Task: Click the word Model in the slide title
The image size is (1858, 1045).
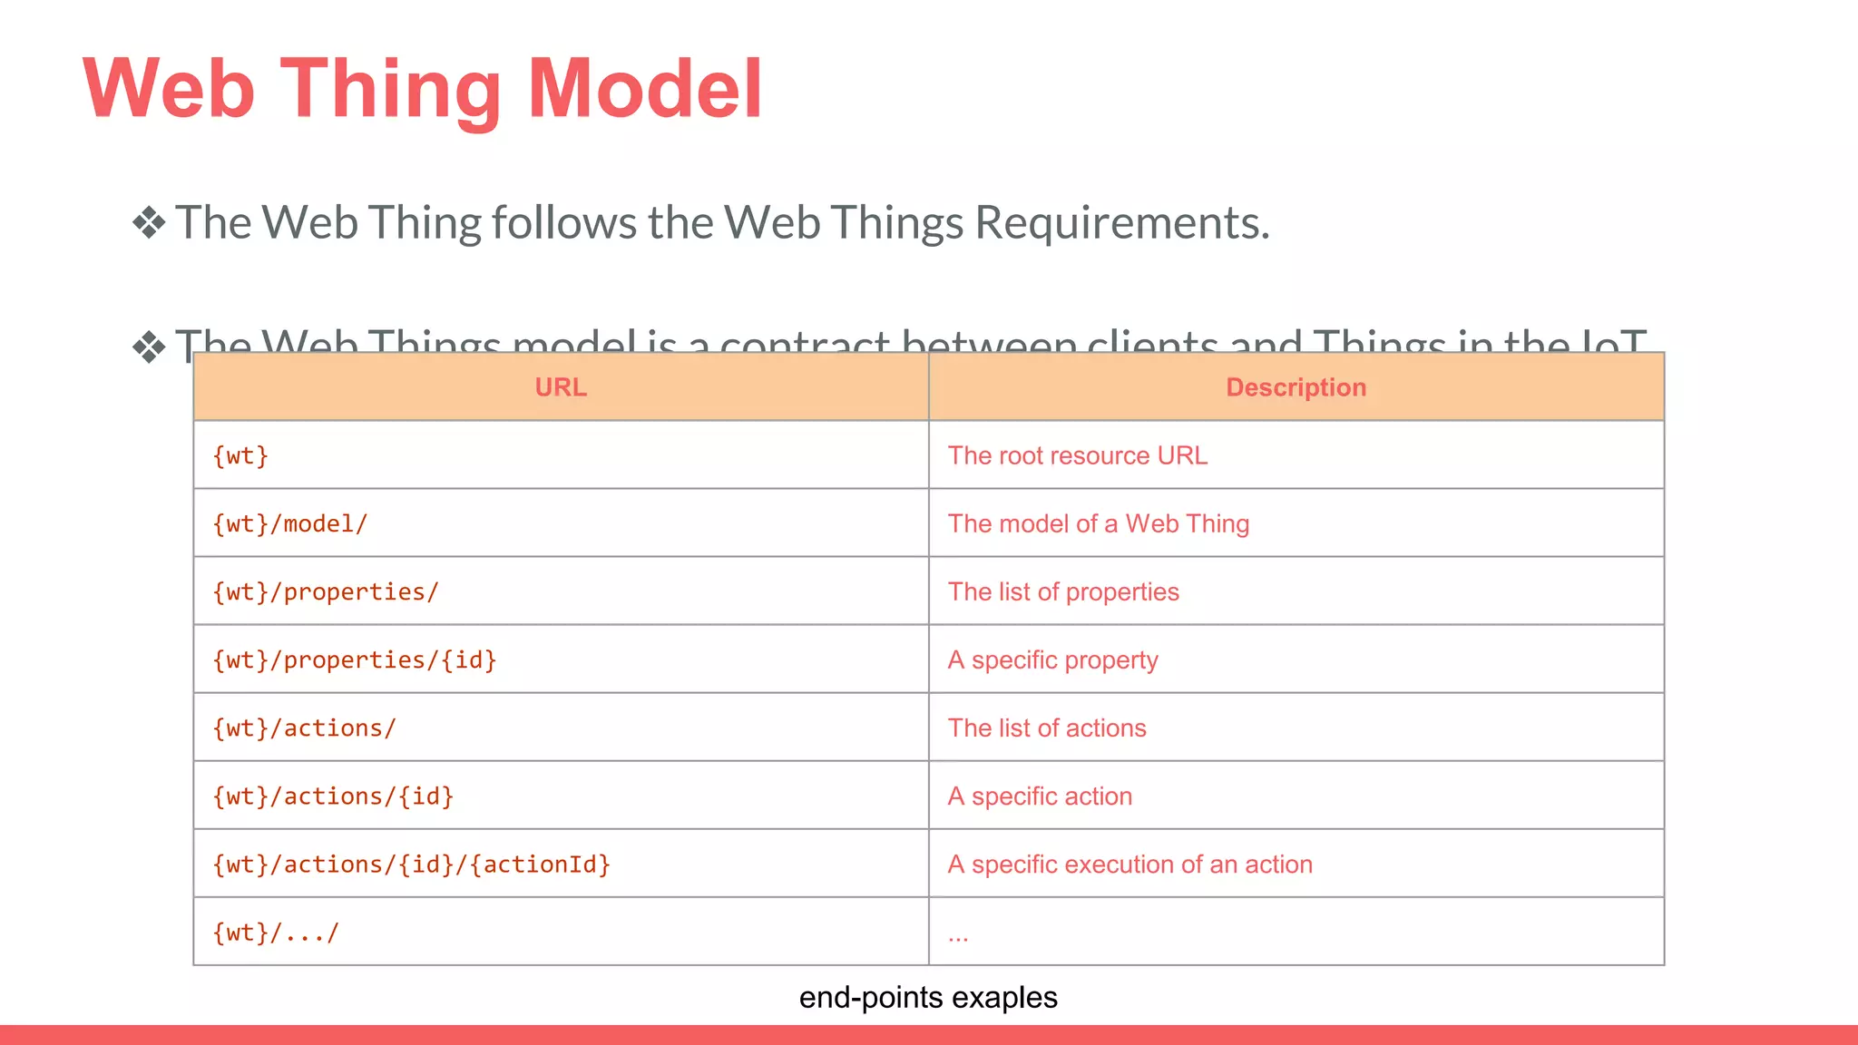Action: click(644, 89)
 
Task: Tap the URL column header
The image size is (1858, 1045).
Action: click(561, 387)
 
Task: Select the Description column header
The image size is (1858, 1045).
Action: click(1296, 387)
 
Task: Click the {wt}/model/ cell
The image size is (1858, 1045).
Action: click(290, 523)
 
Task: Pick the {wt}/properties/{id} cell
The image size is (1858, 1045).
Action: click(355, 659)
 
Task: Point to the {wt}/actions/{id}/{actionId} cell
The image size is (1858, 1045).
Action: click(412, 864)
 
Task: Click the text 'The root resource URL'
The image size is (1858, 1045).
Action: click(1078, 455)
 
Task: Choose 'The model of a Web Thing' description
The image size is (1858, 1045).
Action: click(1099, 523)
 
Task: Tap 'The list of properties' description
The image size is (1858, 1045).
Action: click(1063, 591)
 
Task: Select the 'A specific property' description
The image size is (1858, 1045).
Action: click(1053, 659)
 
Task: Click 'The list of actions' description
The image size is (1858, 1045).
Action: click(1047, 728)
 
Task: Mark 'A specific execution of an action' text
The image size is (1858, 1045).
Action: click(1130, 864)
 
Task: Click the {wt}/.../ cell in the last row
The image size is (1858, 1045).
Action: click(276, 932)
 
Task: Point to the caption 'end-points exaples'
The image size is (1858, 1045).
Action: click(928, 997)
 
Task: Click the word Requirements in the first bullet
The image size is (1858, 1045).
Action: click(1121, 223)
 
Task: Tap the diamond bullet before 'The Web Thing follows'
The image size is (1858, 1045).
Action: click(149, 223)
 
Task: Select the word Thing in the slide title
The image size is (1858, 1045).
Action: click(390, 89)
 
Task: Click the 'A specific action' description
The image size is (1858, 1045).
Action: click(1041, 796)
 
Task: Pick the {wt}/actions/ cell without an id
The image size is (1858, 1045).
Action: click(305, 728)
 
